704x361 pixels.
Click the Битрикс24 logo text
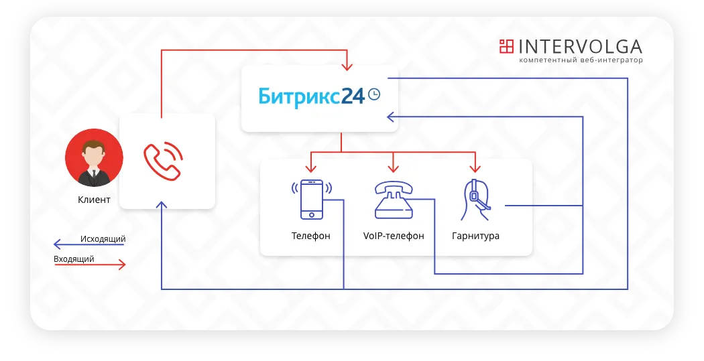(x=312, y=96)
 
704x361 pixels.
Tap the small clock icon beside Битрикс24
(x=374, y=94)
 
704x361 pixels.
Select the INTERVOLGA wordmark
(x=580, y=47)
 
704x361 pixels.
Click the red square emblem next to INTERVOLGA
(x=506, y=46)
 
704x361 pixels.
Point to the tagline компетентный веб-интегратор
(x=581, y=60)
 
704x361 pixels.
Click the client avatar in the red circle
(x=94, y=157)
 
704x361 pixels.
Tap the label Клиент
(x=94, y=200)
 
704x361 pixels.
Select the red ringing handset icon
(x=163, y=161)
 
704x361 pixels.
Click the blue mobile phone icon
(x=312, y=199)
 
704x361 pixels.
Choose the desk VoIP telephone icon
(x=394, y=200)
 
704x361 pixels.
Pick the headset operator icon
(x=475, y=200)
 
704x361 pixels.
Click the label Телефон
(x=310, y=236)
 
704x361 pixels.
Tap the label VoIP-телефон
(x=394, y=236)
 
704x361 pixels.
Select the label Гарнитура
(x=475, y=236)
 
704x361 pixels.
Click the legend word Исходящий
(x=103, y=239)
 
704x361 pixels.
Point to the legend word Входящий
(x=74, y=259)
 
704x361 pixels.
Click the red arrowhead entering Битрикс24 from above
(x=347, y=66)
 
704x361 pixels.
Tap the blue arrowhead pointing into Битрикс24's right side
(x=391, y=117)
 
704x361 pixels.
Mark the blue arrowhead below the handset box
(x=162, y=205)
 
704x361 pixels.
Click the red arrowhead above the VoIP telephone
(x=394, y=168)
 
